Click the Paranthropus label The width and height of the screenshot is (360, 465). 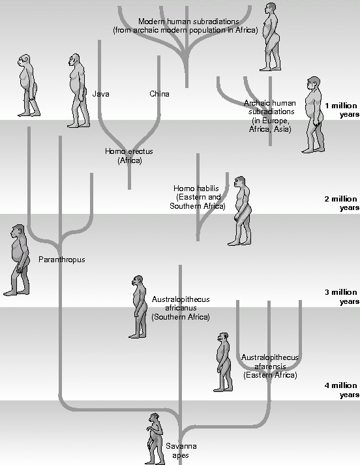click(x=62, y=260)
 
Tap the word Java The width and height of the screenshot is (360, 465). click(x=101, y=94)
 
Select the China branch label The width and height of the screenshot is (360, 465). click(x=159, y=94)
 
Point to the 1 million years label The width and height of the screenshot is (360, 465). click(x=342, y=110)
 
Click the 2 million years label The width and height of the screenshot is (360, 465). click(x=342, y=203)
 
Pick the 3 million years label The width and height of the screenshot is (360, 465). click(x=342, y=297)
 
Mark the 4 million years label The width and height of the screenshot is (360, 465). click(x=342, y=390)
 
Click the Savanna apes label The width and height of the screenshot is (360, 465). click(x=181, y=451)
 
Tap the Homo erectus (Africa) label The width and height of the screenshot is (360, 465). click(x=129, y=156)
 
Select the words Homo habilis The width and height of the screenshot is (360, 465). click(x=196, y=188)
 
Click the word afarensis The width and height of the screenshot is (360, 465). click(x=270, y=367)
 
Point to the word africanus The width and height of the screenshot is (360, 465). click(x=181, y=308)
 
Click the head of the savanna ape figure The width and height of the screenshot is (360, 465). click(x=154, y=418)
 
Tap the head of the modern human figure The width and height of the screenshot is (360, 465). click(x=271, y=7)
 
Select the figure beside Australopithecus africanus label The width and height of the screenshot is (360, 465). click(x=138, y=307)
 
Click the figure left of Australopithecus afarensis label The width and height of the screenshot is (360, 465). click(x=222, y=362)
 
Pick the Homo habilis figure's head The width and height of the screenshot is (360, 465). click(x=239, y=181)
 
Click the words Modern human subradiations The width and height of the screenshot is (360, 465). click(x=188, y=22)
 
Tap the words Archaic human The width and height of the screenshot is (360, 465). click(x=270, y=103)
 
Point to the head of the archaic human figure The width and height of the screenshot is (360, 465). click(x=314, y=82)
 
